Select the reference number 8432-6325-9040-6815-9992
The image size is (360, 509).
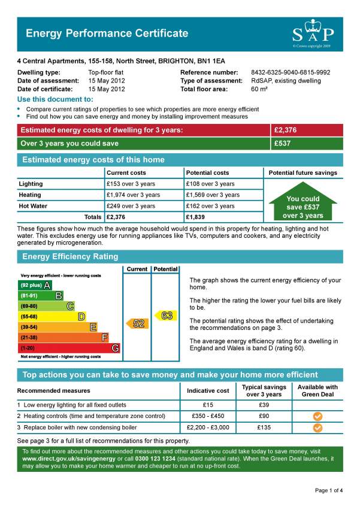(x=290, y=72)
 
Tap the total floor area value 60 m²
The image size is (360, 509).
(x=259, y=89)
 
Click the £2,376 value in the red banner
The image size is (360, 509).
(x=285, y=130)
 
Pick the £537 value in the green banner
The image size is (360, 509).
(x=282, y=144)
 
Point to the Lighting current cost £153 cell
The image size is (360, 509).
(x=131, y=184)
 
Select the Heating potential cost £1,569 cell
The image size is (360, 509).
(x=213, y=195)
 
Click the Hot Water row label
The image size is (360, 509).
(x=34, y=206)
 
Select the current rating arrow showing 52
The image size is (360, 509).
(x=137, y=323)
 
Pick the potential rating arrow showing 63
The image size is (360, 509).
(x=165, y=315)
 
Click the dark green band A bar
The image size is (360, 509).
(x=35, y=285)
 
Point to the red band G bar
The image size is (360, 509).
(x=69, y=348)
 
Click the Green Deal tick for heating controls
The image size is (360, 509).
(x=317, y=416)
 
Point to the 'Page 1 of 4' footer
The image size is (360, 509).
(x=328, y=490)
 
